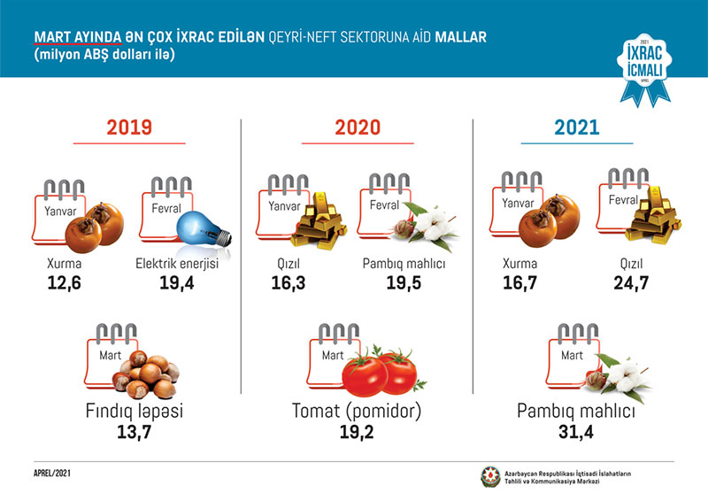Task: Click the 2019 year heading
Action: tap(129, 127)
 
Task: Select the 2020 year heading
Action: tap(358, 127)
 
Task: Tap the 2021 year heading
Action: tap(577, 127)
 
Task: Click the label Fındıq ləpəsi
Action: tap(129, 412)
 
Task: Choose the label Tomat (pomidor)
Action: tap(357, 412)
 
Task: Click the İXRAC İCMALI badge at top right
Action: tap(643, 68)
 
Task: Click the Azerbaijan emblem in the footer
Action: tap(489, 476)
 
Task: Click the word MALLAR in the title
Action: tap(461, 38)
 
